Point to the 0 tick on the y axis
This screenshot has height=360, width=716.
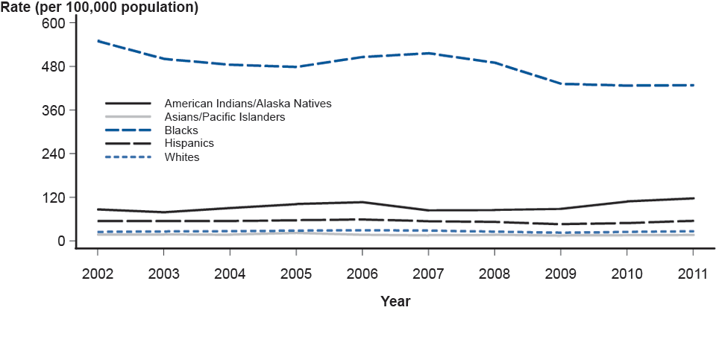point(63,241)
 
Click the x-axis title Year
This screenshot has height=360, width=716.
point(395,302)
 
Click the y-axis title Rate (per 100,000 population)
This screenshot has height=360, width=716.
point(99,8)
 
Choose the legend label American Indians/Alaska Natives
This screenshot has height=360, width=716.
point(248,104)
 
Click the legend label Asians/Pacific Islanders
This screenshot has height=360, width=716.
point(224,117)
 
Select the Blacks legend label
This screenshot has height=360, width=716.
point(181,130)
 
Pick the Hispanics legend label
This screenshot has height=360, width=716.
point(189,143)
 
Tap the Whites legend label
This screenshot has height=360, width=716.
point(182,157)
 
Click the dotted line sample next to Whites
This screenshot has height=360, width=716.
point(128,157)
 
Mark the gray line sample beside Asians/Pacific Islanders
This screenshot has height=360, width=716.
point(128,117)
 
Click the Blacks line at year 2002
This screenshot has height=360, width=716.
point(98,41)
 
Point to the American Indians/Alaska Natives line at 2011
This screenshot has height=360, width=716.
point(693,198)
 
